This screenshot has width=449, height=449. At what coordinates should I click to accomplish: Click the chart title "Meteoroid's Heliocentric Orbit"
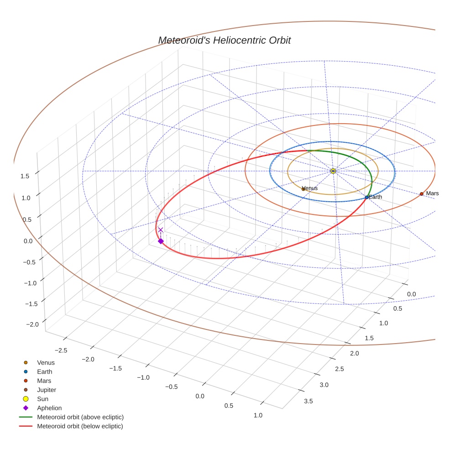(224, 40)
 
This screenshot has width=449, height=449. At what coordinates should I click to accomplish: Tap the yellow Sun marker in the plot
(333, 171)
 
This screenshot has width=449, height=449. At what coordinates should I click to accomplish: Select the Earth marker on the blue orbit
(367, 197)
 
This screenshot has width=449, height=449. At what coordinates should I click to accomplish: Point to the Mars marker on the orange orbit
(422, 194)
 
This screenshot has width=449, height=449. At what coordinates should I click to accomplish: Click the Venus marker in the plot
(303, 188)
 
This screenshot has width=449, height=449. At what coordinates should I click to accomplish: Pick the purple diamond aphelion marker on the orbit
(161, 241)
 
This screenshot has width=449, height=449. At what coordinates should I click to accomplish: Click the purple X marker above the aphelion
(161, 230)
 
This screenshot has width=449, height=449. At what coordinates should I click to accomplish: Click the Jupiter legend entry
(47, 390)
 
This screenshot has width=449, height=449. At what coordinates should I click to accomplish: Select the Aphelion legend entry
(49, 408)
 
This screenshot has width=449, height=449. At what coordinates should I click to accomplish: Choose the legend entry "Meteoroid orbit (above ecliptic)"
(80, 417)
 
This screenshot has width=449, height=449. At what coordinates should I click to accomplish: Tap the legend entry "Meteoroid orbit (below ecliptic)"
(80, 426)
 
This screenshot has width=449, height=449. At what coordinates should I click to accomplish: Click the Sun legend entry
(43, 399)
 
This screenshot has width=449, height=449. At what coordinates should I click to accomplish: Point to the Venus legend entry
(46, 363)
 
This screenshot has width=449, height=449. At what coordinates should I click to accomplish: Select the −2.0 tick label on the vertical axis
(32, 324)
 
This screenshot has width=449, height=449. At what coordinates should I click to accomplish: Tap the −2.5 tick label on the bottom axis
(61, 350)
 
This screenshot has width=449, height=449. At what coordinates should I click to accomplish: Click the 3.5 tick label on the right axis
(308, 401)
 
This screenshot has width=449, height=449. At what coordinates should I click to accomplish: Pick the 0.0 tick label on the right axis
(411, 294)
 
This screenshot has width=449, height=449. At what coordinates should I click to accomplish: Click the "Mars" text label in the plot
(433, 193)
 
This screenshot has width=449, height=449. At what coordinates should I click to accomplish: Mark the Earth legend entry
(45, 372)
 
